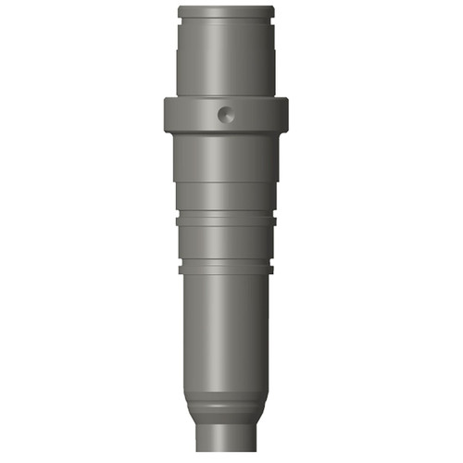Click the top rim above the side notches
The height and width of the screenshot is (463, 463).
click(227, 9)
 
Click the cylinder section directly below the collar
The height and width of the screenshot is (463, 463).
click(227, 157)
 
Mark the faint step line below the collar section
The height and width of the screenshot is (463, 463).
click(227, 182)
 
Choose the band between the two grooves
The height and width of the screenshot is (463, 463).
click(227, 244)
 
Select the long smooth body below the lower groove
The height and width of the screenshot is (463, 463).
click(227, 324)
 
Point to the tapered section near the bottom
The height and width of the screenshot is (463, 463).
click(227, 394)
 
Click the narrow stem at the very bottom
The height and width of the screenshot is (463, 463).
click(227, 440)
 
